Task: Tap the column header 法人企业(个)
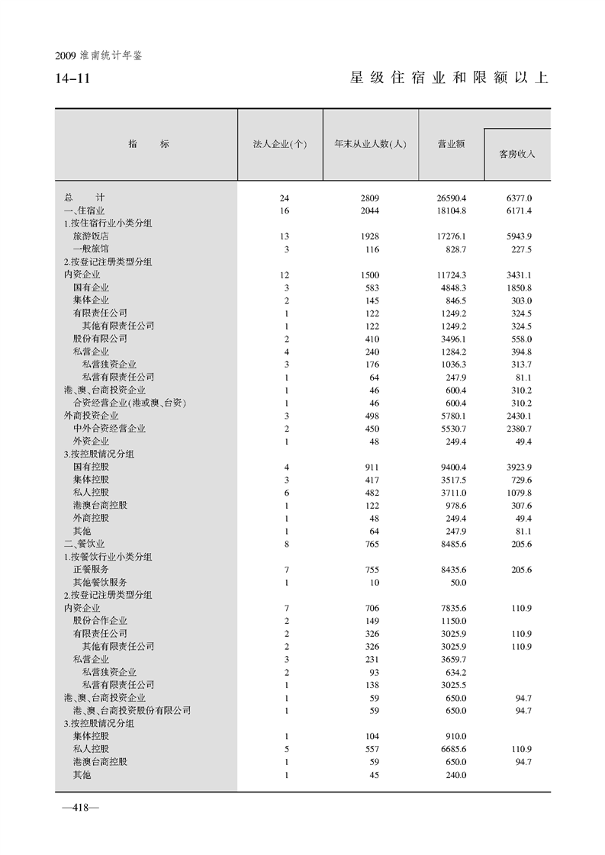coord(279,144)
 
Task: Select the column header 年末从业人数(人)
coord(369,144)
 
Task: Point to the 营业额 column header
coord(451,144)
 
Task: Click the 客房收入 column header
coord(517,153)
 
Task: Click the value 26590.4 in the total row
coord(451,198)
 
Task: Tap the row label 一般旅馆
coord(91,249)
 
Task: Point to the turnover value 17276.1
coord(451,236)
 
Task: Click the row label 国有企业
coord(91,288)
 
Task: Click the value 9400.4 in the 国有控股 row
coord(451,467)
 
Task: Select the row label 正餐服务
coord(91,569)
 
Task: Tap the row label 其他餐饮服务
coord(100,582)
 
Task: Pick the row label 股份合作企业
coord(100,621)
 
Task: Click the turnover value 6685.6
coord(451,749)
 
